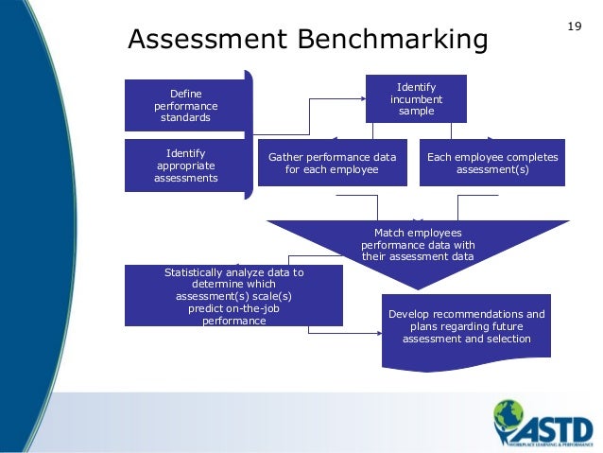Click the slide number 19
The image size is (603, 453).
pyautogui.click(x=574, y=26)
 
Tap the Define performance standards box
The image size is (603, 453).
pyautogui.click(x=185, y=106)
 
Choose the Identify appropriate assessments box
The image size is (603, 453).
pyautogui.click(x=185, y=166)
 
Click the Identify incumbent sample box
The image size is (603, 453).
pyautogui.click(x=416, y=98)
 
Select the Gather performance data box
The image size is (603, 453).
pyautogui.click(x=332, y=164)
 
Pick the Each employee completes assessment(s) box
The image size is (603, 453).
pyautogui.click(x=492, y=164)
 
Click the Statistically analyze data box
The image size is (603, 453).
pyautogui.click(x=233, y=296)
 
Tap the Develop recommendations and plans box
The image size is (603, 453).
pyautogui.click(x=467, y=327)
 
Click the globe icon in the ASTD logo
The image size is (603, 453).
pyautogui.click(x=508, y=415)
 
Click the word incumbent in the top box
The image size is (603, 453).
pyautogui.click(x=416, y=99)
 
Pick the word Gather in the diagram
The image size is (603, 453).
pyautogui.click(x=286, y=157)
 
